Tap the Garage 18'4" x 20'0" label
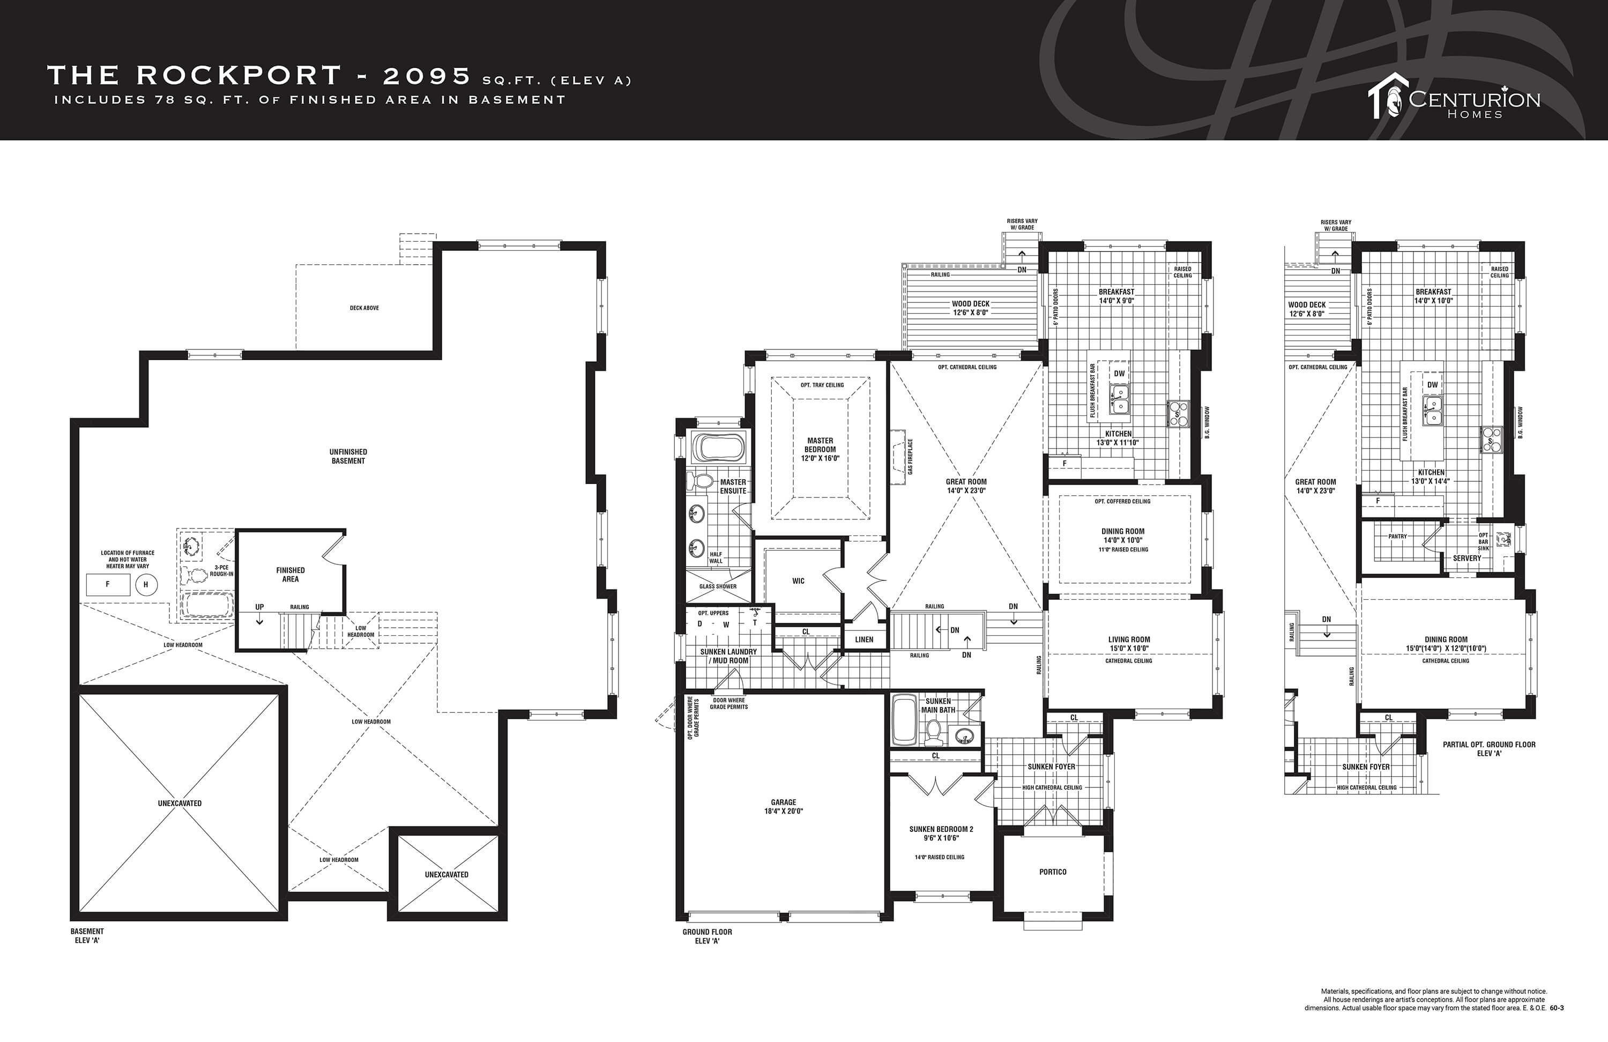point(784,807)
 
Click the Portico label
point(1053,872)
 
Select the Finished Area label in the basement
point(291,575)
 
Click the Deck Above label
point(364,308)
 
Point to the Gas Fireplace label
point(910,456)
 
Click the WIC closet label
point(799,581)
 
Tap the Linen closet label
point(864,639)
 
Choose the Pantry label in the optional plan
point(1397,537)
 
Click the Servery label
point(1467,558)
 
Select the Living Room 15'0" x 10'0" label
point(1129,644)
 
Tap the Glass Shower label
point(718,586)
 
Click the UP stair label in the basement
point(259,607)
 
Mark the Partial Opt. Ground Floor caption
point(1489,749)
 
